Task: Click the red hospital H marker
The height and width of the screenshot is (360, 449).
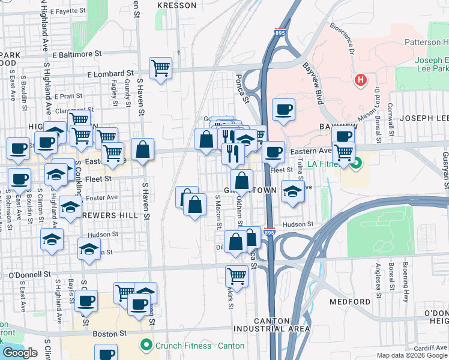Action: click(x=361, y=80)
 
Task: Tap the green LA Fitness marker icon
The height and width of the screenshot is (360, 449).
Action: click(x=357, y=163)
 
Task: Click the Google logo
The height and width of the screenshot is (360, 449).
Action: click(x=20, y=353)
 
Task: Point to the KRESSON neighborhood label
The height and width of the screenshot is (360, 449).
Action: click(x=176, y=5)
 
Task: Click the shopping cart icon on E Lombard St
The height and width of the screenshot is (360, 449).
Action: click(x=161, y=68)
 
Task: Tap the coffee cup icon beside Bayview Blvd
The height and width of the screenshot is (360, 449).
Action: click(x=283, y=110)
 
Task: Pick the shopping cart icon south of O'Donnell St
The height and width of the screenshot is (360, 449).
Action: click(x=237, y=277)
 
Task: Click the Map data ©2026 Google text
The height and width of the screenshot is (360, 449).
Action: click(x=412, y=355)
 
